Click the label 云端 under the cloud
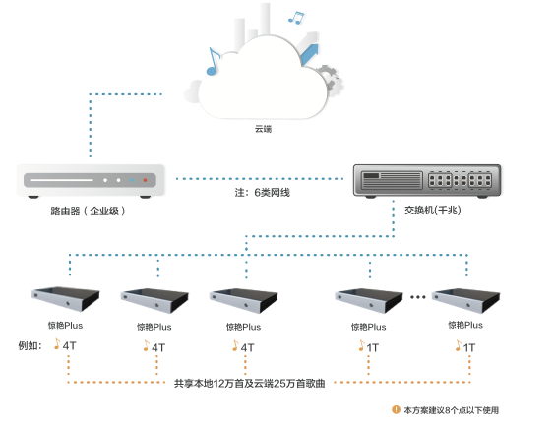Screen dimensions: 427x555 (x=263, y=129)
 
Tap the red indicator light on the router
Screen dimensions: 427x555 (x=147, y=181)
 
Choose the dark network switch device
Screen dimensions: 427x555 (x=426, y=180)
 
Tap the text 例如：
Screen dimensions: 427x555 (x=31, y=346)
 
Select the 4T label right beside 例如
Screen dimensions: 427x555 (x=69, y=346)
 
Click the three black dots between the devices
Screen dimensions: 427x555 (x=416, y=295)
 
